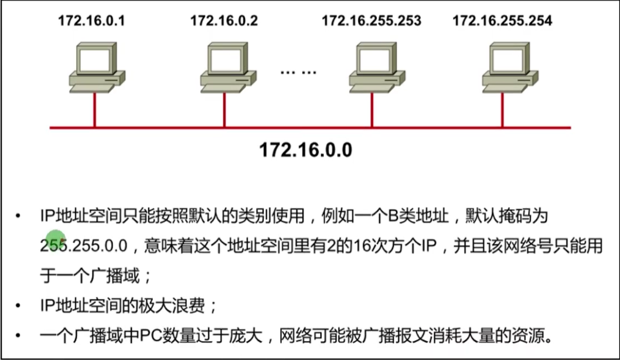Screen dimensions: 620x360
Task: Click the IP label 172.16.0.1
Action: (x=91, y=21)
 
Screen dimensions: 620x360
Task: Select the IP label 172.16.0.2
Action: (x=224, y=21)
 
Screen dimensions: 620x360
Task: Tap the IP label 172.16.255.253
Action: (x=371, y=21)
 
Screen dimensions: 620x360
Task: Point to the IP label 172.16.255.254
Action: (x=502, y=21)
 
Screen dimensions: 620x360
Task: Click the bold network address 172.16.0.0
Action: (x=305, y=150)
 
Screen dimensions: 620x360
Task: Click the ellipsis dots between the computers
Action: (x=298, y=72)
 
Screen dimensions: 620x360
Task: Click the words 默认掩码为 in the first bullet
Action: (x=506, y=217)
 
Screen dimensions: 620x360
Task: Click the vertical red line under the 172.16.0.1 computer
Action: (x=94, y=110)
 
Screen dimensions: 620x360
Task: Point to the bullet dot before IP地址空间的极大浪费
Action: (x=21, y=306)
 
